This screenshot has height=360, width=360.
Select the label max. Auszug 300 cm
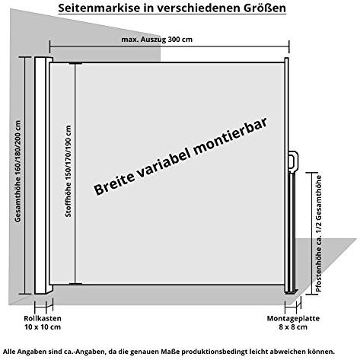pos(157,40)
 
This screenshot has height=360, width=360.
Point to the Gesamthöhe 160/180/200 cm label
pos(18,171)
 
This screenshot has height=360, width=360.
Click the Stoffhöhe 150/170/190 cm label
pos(68,171)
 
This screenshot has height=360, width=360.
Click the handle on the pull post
pos(293,161)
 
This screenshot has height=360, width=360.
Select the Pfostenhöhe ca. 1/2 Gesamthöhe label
pos(319,234)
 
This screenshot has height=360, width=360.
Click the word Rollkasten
pos(43,318)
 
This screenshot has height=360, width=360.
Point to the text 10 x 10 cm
pos(43,327)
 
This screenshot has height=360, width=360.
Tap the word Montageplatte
pos(293,318)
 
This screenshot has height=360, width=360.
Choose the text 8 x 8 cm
pos(293,327)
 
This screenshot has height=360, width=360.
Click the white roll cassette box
pos(41,176)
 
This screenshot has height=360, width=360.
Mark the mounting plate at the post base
pos(292,292)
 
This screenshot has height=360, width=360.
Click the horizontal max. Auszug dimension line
pos(170,47)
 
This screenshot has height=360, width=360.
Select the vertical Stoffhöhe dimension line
pos(75,174)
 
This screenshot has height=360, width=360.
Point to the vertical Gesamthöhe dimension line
pos(25,176)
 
